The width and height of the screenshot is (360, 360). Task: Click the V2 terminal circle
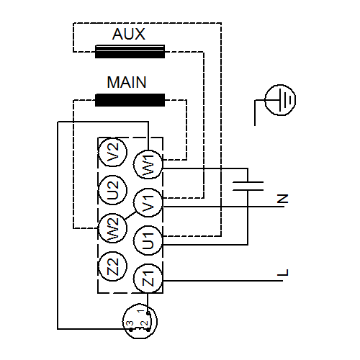[x=113, y=152]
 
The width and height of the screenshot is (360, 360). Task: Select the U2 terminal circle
[x=113, y=190]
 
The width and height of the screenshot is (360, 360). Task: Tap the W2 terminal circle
[x=113, y=228]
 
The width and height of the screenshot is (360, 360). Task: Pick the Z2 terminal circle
[x=113, y=266]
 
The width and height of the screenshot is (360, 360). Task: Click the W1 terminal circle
[x=148, y=164]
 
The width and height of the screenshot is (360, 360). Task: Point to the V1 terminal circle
[x=148, y=203]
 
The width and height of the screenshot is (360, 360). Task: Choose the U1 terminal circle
[x=148, y=240]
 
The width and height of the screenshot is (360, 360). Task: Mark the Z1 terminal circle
[x=148, y=279]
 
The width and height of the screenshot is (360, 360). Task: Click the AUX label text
[x=129, y=34]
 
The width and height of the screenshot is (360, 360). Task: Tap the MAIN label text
[x=127, y=82]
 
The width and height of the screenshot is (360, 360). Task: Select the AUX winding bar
[x=130, y=51]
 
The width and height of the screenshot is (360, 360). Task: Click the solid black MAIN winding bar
[x=130, y=100]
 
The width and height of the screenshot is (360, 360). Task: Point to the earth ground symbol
[x=280, y=100]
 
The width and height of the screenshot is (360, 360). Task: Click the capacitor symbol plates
[x=248, y=186]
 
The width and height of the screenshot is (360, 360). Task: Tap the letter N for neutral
[x=282, y=199]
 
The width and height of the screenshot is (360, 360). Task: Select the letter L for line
[x=282, y=272]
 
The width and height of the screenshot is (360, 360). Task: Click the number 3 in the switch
[x=130, y=323]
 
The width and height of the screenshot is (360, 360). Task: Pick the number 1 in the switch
[x=141, y=311]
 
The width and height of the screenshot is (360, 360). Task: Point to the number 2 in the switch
[x=145, y=323]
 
